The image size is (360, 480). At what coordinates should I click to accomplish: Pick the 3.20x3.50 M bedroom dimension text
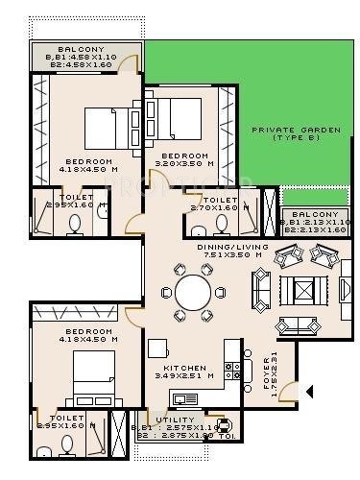[184, 164]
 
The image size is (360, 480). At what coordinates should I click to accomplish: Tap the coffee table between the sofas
[304, 289]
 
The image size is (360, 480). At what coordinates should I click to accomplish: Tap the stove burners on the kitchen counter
[230, 367]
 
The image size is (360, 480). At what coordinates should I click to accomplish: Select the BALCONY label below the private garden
[313, 213]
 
